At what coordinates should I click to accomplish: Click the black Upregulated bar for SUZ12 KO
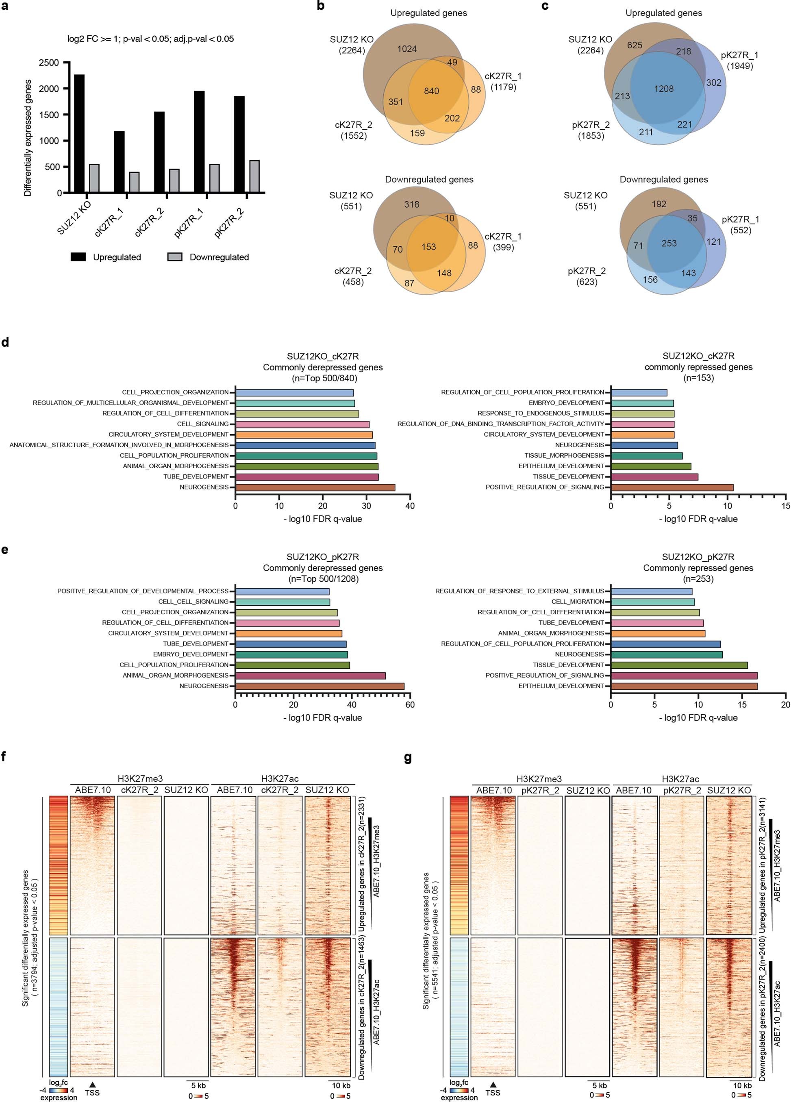pos(79,134)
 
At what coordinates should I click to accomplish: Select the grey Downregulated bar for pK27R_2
pos(254,177)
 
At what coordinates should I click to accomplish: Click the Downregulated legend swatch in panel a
pos(174,257)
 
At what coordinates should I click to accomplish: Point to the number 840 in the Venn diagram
pos(431,91)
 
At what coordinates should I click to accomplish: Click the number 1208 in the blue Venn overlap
pos(664,89)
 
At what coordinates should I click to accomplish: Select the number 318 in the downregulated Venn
pos(411,204)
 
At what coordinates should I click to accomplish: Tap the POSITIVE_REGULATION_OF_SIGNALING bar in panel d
pos(672,487)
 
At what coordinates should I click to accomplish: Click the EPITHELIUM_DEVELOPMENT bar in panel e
pos(684,686)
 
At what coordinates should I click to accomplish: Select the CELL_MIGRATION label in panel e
pos(577,602)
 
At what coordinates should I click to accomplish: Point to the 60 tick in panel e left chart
pos(410,704)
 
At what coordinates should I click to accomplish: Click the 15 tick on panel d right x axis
pos(785,506)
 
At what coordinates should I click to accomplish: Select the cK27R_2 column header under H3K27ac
pos(280,790)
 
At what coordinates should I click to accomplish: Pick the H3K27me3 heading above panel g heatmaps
pos(539,779)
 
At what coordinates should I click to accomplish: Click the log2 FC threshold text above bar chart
pos(151,39)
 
